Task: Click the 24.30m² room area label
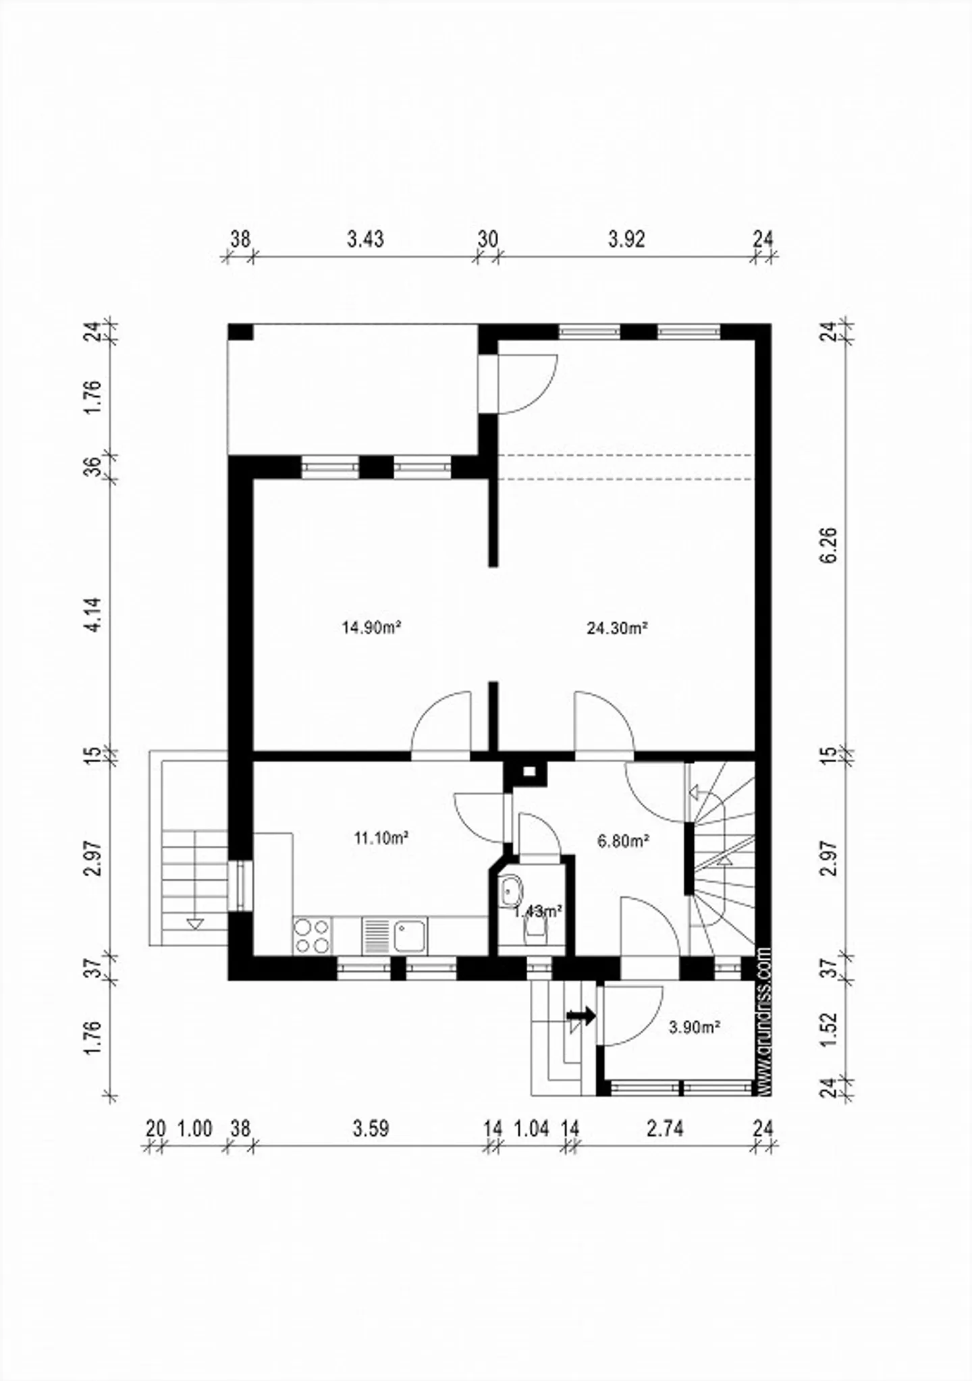coord(617,628)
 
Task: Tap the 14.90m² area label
coord(372,628)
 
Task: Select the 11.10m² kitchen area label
coord(381,838)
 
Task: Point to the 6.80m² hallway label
coord(623,841)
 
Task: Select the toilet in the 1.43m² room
coord(536,932)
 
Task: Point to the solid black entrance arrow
coord(581,1014)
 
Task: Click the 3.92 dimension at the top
coord(626,239)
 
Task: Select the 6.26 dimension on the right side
coord(830,545)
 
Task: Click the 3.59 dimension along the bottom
coord(371,1129)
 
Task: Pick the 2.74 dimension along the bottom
coord(665,1129)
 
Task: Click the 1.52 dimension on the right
coord(830,1029)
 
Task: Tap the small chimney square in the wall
coord(530,771)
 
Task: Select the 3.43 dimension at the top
coord(365,239)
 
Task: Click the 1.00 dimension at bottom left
coord(194,1129)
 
